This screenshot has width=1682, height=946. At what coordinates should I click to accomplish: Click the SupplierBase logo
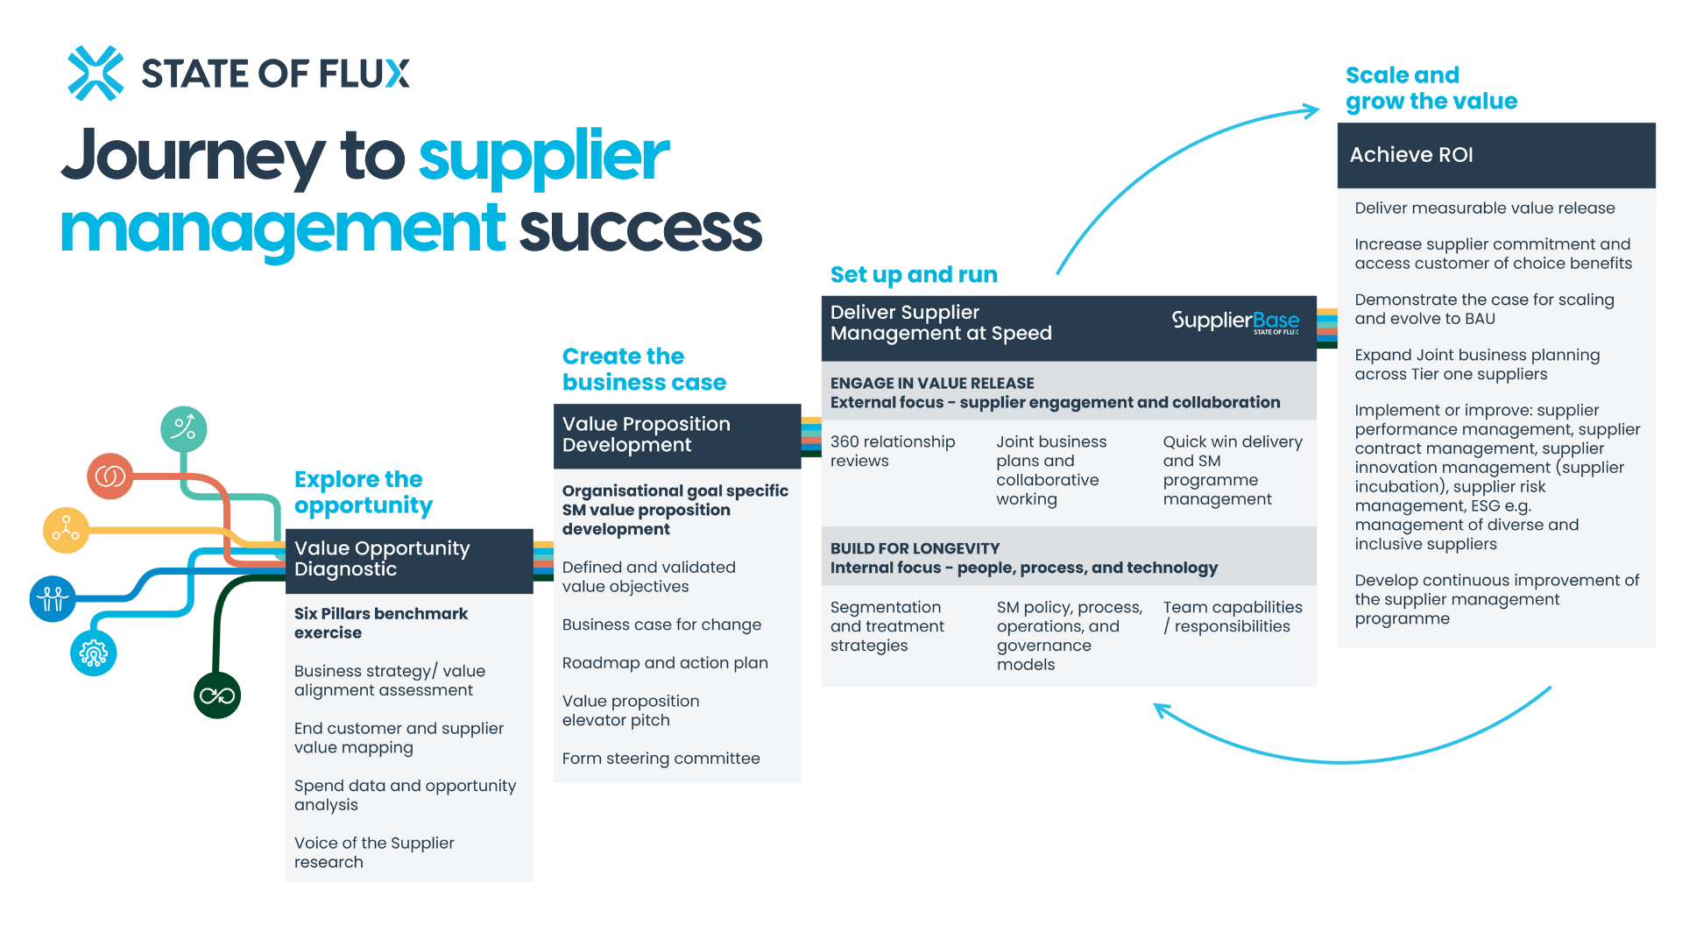(1235, 321)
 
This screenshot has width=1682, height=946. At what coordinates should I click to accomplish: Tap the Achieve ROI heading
(1410, 155)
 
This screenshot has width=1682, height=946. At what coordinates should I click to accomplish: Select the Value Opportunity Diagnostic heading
(382, 559)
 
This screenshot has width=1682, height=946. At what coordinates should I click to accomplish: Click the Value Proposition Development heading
(646, 434)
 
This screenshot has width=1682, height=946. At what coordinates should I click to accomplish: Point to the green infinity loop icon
(216, 696)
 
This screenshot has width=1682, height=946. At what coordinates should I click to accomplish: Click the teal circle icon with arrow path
(184, 428)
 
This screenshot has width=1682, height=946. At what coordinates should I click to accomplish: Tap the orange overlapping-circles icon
(110, 477)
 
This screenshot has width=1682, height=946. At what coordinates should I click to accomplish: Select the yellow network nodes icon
(65, 529)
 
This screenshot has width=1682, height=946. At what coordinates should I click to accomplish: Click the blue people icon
(53, 599)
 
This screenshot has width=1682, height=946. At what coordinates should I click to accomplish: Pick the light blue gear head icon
(93, 653)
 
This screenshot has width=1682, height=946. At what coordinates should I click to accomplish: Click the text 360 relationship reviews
(892, 451)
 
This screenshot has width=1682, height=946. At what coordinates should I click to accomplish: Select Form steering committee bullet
(661, 759)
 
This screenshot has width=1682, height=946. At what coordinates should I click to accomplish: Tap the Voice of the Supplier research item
(374, 852)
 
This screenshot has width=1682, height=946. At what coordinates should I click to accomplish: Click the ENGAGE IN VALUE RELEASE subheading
(932, 384)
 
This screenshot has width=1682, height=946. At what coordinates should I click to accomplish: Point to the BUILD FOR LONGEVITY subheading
(915, 549)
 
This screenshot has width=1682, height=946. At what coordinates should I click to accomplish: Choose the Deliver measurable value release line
(1484, 208)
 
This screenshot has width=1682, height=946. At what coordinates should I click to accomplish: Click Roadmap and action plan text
(665, 663)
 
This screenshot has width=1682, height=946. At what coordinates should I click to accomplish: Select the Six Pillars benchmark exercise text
(380, 623)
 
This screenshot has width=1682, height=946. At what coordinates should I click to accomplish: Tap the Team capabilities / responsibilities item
(1232, 617)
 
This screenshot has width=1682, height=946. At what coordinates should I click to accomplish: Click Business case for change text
(661, 625)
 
